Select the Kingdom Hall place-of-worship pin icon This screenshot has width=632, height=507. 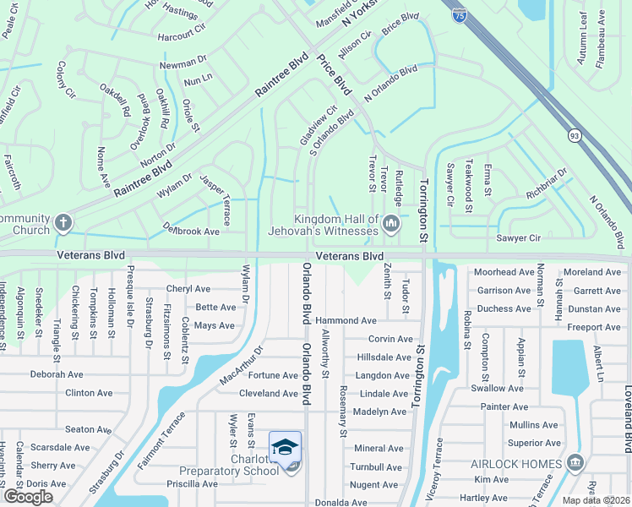390,223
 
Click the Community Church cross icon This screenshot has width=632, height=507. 63,224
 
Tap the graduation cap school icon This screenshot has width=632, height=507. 285,446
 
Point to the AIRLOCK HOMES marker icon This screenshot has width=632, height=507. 575,463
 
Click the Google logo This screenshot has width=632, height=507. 28,497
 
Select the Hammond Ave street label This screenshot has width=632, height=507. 346,321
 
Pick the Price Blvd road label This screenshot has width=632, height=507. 335,75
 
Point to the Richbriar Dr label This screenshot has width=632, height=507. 546,187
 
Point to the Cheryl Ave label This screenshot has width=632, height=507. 190,288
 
